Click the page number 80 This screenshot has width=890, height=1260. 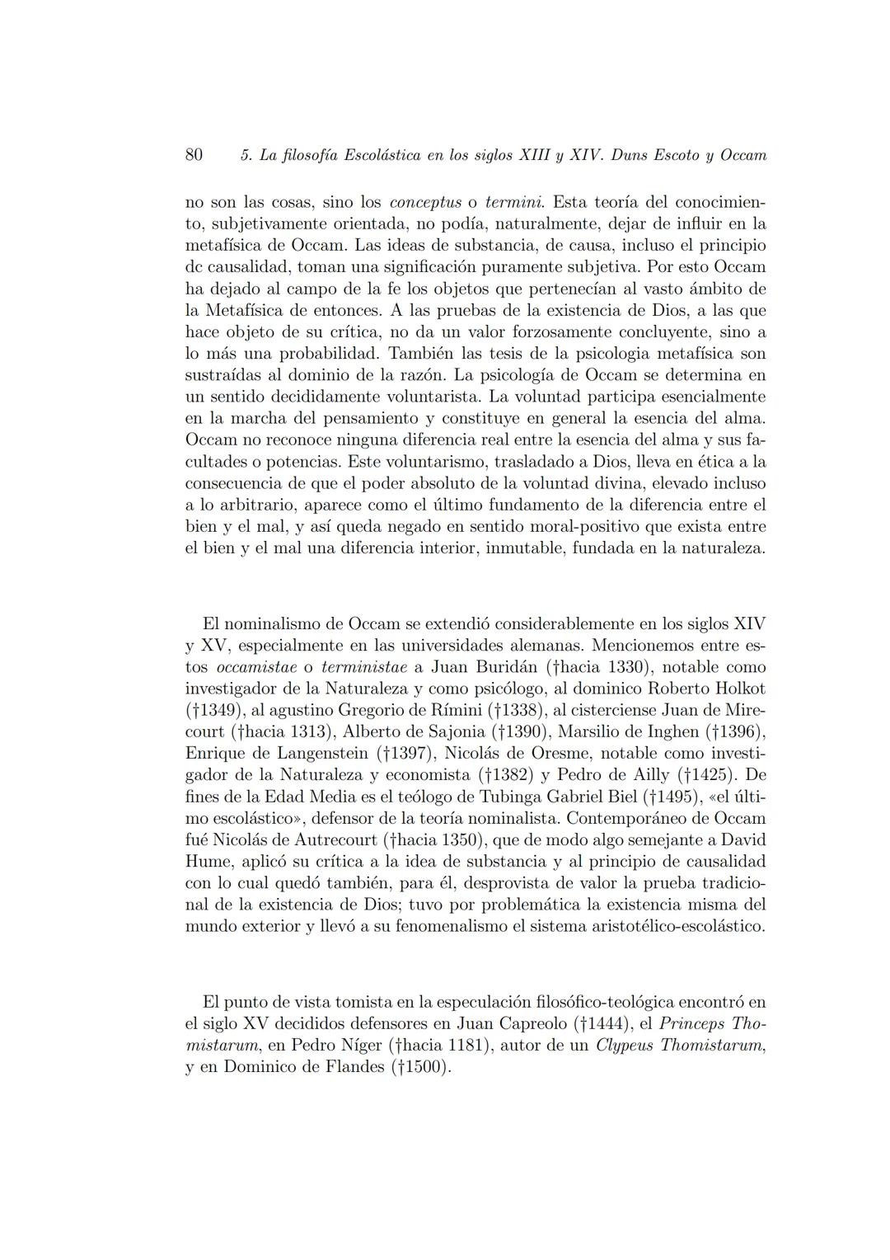click(194, 154)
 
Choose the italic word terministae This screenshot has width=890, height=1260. click(362, 667)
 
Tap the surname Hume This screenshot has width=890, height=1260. click(209, 861)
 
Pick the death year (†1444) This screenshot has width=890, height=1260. click(603, 1024)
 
